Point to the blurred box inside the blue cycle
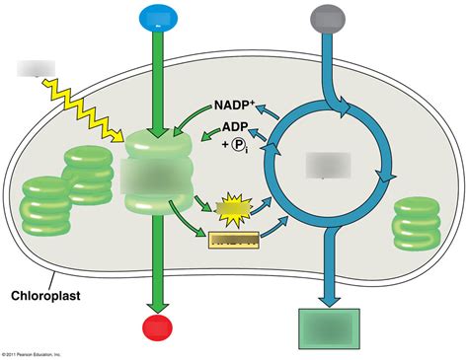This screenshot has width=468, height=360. coord(328,165)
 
